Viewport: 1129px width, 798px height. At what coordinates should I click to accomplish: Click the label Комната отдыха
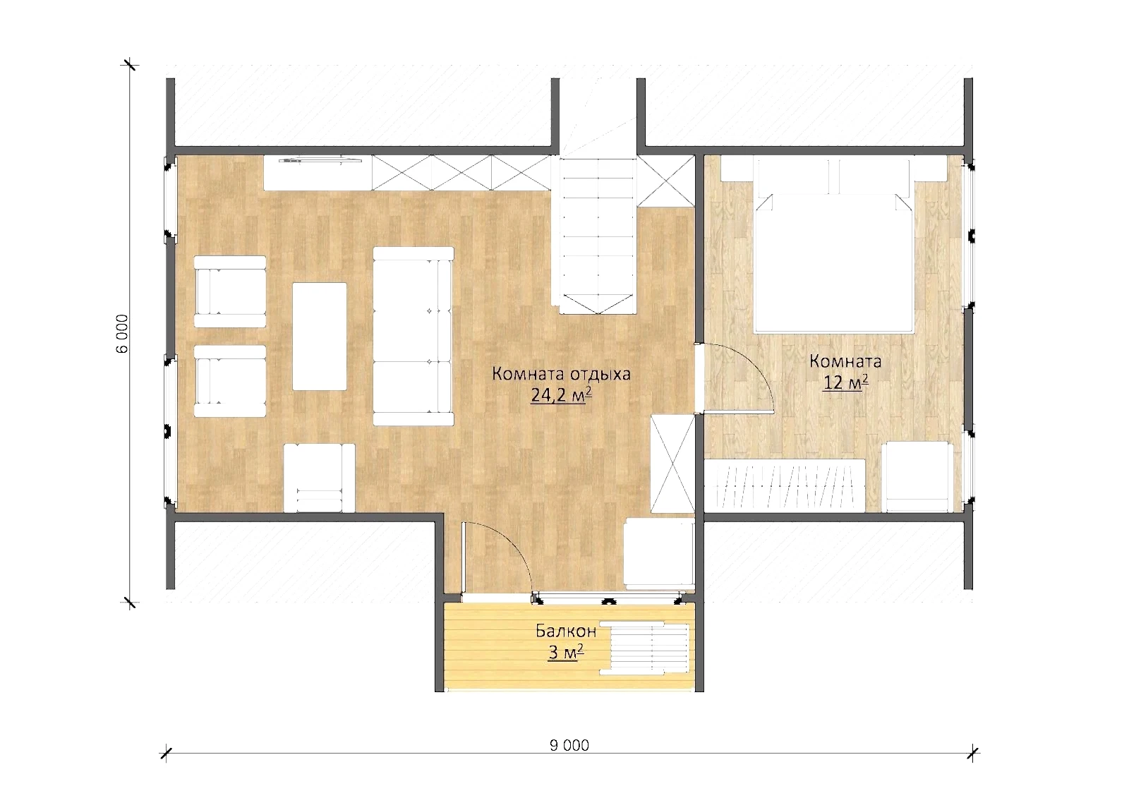point(561,374)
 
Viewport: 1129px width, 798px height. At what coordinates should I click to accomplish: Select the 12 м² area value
point(845,383)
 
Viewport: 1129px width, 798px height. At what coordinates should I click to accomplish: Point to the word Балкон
point(565,631)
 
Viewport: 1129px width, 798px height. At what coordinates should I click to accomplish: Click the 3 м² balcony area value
point(565,653)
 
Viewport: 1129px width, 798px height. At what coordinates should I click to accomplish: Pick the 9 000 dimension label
point(569,745)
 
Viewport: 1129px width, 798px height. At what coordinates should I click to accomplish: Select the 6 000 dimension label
point(123,333)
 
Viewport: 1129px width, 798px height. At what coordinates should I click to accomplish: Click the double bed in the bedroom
point(833,245)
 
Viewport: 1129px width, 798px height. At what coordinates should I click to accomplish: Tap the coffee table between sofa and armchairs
point(320,337)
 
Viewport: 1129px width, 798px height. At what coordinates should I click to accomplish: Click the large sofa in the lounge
point(413,337)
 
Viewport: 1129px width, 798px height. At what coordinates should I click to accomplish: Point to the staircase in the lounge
point(598,235)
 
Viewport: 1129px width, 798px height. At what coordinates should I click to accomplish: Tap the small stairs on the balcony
point(645,649)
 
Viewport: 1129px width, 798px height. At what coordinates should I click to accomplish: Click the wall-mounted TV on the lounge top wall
point(320,161)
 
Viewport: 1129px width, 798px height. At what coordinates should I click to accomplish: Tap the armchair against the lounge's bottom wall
point(319,478)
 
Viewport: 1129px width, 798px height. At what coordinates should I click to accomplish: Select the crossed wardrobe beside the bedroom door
point(672,464)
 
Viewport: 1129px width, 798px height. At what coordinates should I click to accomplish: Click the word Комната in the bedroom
point(845,361)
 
